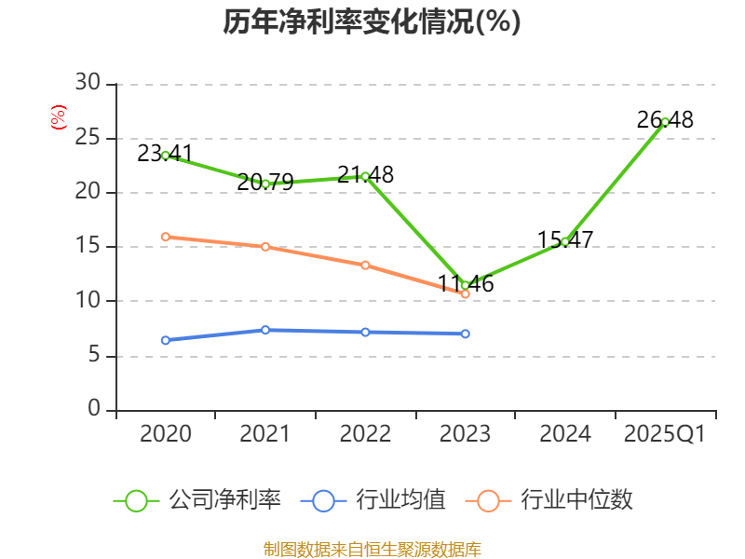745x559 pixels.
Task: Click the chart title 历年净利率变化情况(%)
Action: pos(372,22)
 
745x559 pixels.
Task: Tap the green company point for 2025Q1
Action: pos(665,122)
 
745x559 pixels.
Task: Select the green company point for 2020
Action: pos(166,156)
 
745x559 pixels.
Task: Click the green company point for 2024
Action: pos(565,242)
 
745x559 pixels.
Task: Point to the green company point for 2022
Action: pos(365,176)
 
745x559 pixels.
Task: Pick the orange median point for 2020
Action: pos(166,237)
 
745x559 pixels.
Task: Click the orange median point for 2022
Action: pos(365,266)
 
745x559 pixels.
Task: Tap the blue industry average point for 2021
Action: pos(265,330)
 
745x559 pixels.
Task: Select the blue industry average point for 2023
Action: pos(466,334)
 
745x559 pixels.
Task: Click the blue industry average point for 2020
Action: pos(166,340)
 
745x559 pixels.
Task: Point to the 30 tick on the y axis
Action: pos(88,84)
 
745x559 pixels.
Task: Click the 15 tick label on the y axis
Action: pos(88,247)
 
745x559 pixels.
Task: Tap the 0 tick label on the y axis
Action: pos(93,409)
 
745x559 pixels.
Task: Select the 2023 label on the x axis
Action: pos(466,434)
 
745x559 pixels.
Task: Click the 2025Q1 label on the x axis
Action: pos(665,434)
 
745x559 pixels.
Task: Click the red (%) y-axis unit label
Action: pos(59,117)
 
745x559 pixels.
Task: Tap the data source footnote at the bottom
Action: pos(372,549)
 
